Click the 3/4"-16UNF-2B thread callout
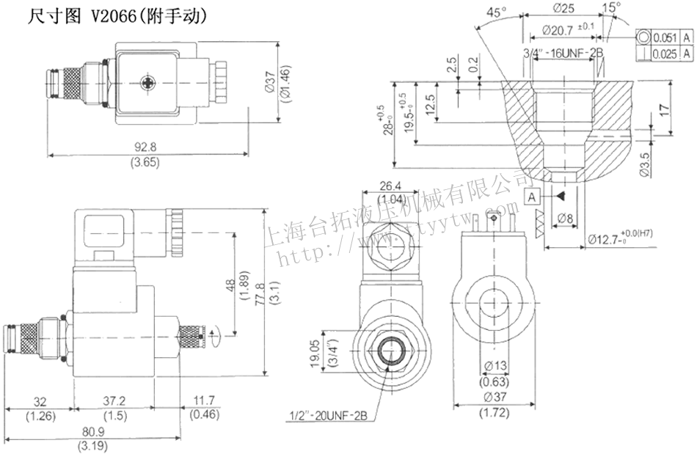click(563, 53)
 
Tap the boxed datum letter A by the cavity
click(533, 196)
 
